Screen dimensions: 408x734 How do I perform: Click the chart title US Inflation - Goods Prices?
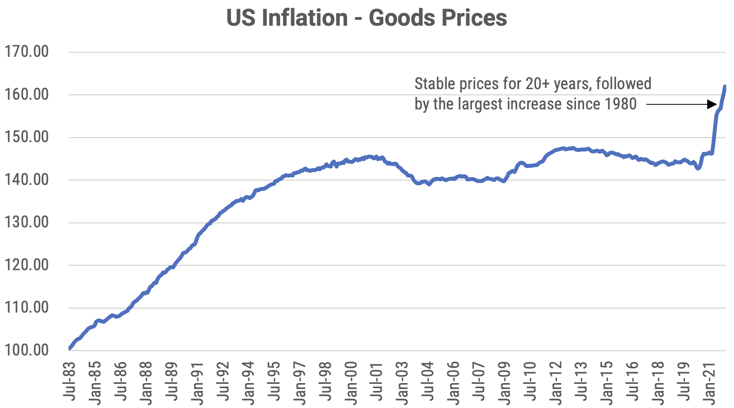(x=366, y=18)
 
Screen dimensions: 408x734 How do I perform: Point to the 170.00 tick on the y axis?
(x=26, y=51)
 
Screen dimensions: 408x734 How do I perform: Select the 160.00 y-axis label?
(x=26, y=94)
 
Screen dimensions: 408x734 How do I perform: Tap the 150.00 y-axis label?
(x=26, y=137)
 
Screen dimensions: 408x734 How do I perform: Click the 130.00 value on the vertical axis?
(x=26, y=222)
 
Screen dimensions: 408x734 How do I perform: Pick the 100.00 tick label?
(x=26, y=350)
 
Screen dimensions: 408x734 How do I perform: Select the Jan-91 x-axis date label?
(x=197, y=383)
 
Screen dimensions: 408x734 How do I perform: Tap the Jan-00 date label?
(x=351, y=383)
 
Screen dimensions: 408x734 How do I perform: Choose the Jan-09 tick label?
(x=505, y=383)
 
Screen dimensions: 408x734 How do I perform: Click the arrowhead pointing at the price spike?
(x=713, y=104)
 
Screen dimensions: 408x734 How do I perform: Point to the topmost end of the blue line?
(x=725, y=86)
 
